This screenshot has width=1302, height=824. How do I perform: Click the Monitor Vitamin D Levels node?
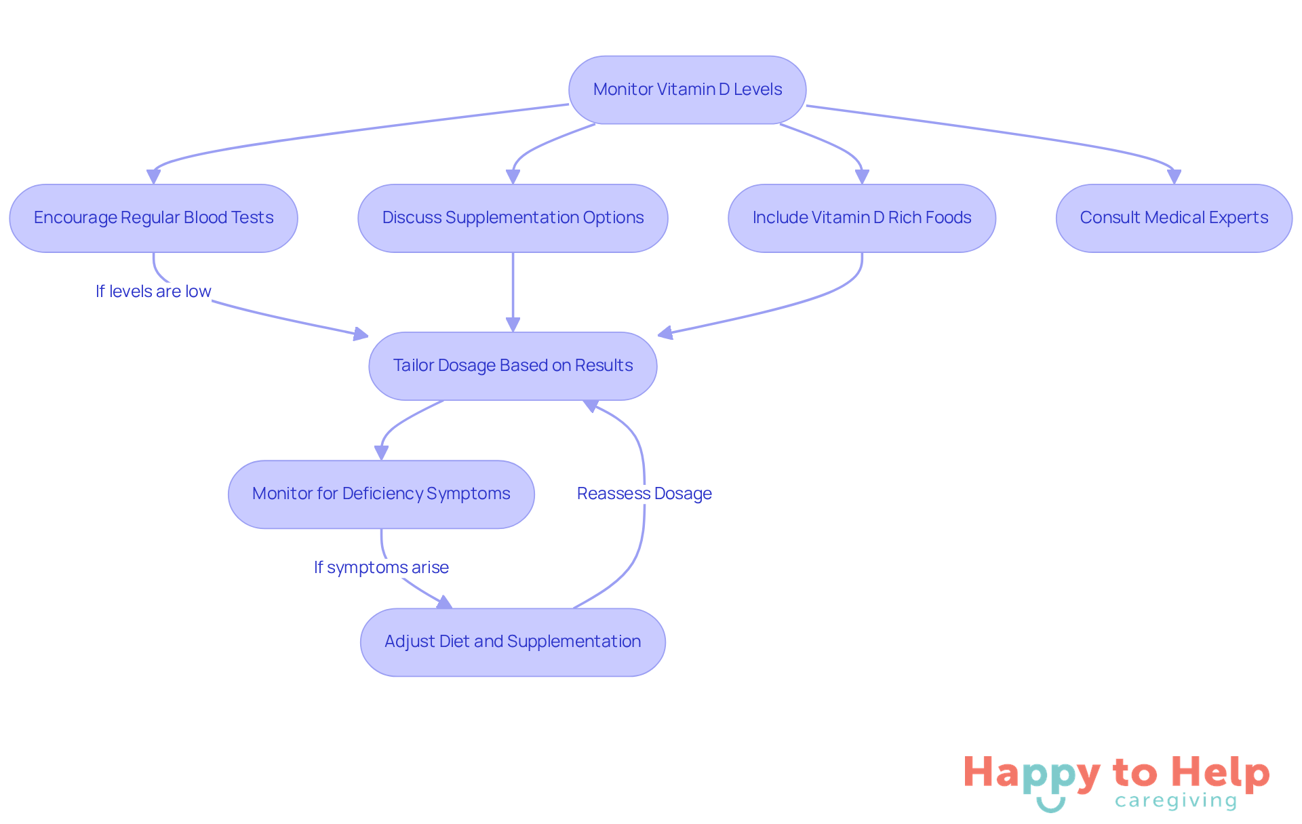(x=687, y=90)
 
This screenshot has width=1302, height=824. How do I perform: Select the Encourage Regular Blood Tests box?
(x=153, y=218)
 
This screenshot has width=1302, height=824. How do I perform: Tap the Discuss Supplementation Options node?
(x=513, y=218)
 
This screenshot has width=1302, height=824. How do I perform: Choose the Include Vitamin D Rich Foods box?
(x=861, y=218)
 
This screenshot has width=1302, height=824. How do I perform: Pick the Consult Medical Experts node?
(x=1174, y=218)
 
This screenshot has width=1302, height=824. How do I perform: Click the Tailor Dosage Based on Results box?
(x=513, y=366)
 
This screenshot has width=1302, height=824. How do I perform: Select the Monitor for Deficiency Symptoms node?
(x=381, y=494)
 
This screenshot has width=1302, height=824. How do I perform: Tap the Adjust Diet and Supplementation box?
(x=513, y=642)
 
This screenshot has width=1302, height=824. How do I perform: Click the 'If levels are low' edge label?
(x=153, y=292)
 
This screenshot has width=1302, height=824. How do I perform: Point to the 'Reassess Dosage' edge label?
(x=644, y=494)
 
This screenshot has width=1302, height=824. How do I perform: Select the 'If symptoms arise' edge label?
(x=381, y=568)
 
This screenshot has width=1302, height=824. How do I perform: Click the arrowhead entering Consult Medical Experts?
(x=1174, y=177)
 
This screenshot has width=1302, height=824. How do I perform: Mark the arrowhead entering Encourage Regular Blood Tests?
(x=154, y=177)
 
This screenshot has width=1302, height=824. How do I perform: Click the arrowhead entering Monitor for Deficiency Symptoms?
(x=381, y=453)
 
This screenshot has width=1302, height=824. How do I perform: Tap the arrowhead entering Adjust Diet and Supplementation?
(x=445, y=602)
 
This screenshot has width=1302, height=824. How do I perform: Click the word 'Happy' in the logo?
(x=1031, y=774)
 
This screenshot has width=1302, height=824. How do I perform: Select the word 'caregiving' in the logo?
(x=1176, y=801)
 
